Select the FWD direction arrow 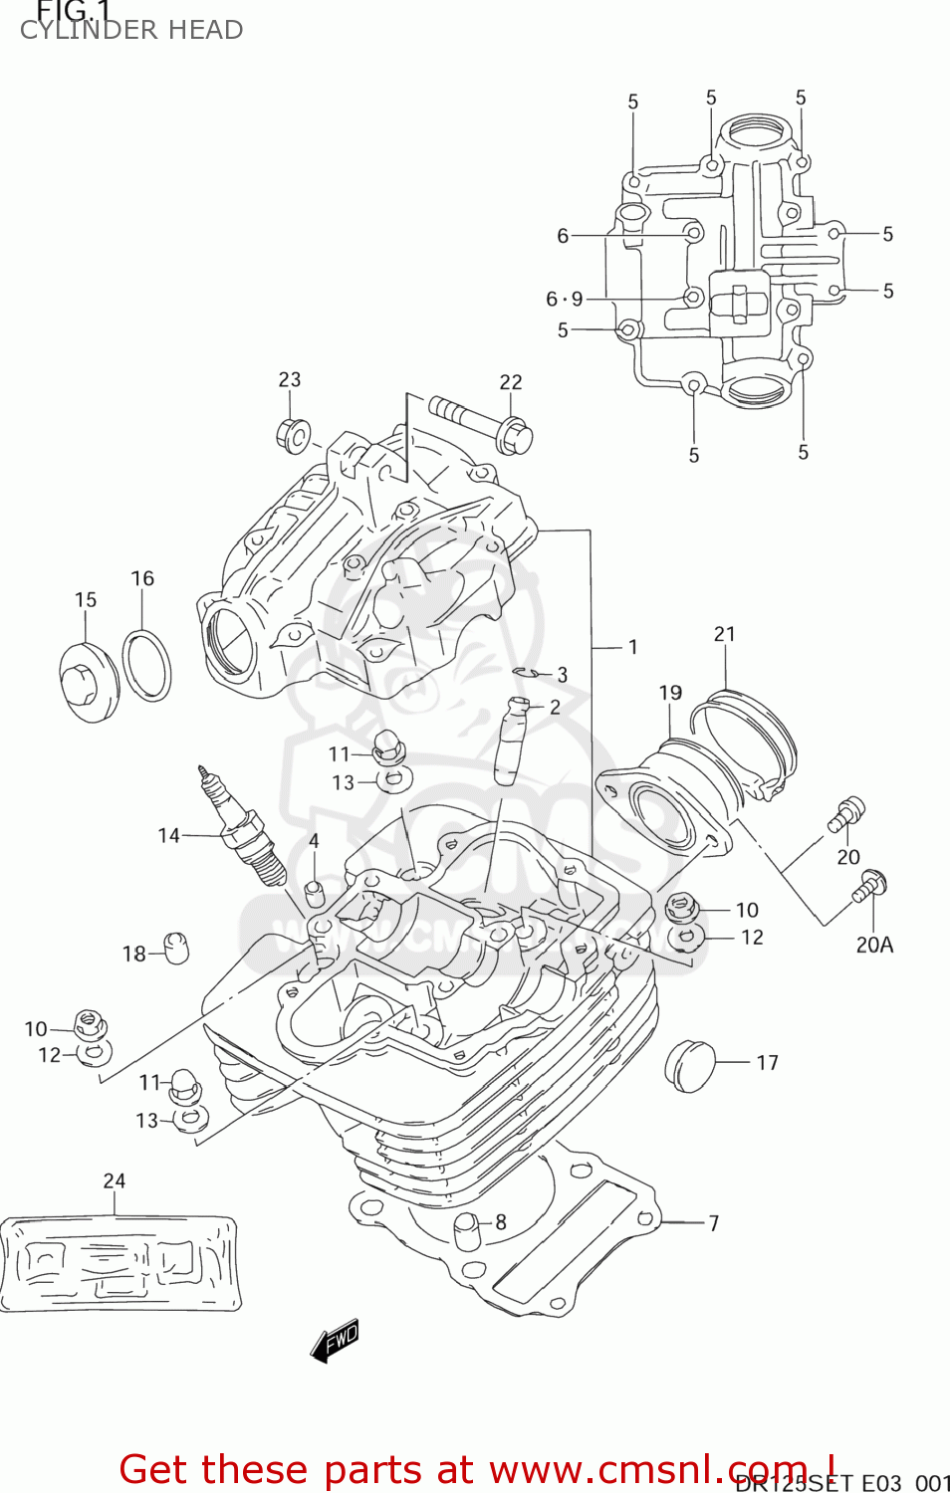[x=335, y=1341]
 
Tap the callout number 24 [x=115, y=1180]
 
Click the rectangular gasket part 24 [x=119, y=1263]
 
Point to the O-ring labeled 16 [x=146, y=665]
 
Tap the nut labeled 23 [x=292, y=435]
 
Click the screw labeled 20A [x=869, y=886]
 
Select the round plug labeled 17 [x=689, y=1066]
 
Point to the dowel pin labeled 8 [x=467, y=1230]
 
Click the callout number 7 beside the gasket [x=713, y=1223]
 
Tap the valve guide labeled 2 [x=510, y=742]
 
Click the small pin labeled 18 [x=175, y=948]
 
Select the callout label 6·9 [x=565, y=299]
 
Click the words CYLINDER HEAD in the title [x=131, y=30]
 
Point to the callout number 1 [x=632, y=647]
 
